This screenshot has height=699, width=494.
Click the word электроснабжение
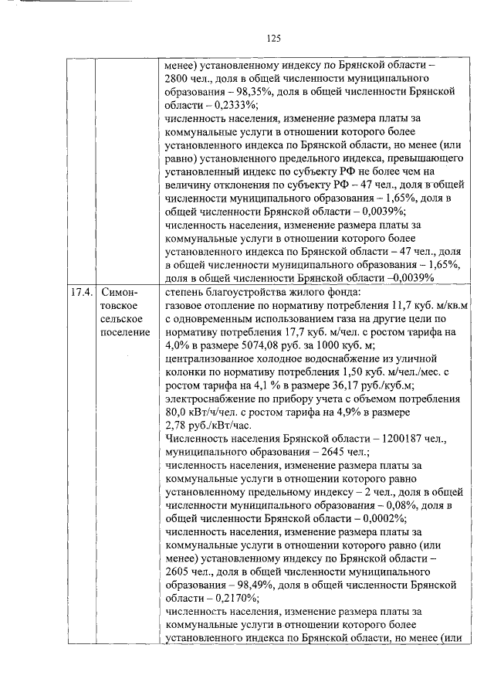point(211,399)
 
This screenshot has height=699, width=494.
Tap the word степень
point(186,292)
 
